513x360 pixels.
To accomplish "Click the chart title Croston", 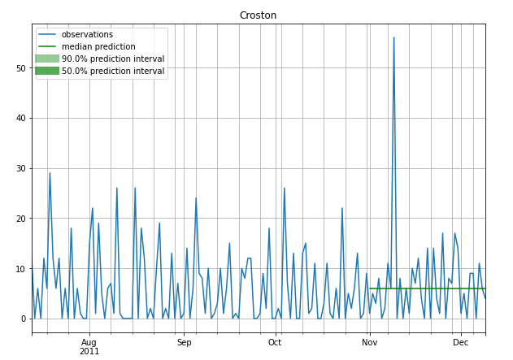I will pos(258,15).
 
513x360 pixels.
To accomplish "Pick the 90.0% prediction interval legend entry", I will pos(113,59).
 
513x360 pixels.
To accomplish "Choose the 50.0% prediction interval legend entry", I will pos(113,71).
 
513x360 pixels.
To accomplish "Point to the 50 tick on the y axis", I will pos(21,68).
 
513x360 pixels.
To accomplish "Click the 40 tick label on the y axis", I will pos(21,119).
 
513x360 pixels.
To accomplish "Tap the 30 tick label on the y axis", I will pos(21,168).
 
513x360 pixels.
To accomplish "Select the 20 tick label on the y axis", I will pos(21,219).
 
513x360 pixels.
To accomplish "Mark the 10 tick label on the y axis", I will pos(21,269).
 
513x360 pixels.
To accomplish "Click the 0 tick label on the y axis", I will pos(24,319).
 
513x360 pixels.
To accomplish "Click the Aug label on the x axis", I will pos(89,342).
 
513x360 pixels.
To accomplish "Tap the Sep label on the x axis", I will pos(184,342).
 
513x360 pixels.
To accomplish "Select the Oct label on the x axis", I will pos(275,342).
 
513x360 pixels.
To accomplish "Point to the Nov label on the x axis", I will pos(369,342).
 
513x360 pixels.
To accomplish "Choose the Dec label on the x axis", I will pos(461,342).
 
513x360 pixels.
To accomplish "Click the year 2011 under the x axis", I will pos(89,351).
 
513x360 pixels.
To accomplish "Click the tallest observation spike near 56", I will pos(393,38).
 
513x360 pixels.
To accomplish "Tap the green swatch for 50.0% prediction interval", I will pos(46,71).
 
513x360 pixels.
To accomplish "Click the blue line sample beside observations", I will pos(46,35).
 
